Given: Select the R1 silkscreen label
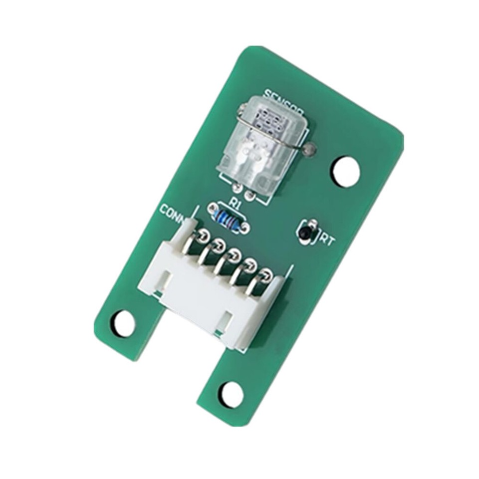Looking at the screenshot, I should click(234, 203).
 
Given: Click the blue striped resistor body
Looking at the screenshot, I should click(228, 218).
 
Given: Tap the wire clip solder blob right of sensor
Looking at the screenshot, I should click(312, 148).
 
